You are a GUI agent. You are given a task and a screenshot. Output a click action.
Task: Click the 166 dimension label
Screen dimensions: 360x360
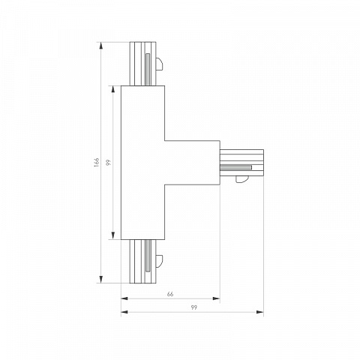tap(97, 163)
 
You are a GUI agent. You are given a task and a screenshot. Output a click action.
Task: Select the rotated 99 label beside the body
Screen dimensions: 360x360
tap(108, 163)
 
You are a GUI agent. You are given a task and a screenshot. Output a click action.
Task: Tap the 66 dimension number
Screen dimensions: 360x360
tap(170, 294)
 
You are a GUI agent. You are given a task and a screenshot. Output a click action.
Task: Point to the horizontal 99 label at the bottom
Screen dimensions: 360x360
tap(193, 307)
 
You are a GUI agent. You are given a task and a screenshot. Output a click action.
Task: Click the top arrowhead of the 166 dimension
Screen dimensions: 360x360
tap(101, 46)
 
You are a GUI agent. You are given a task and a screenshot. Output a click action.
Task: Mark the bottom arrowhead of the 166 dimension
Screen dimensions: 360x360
tap(101, 280)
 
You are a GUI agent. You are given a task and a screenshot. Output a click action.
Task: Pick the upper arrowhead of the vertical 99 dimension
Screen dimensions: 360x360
tap(113, 89)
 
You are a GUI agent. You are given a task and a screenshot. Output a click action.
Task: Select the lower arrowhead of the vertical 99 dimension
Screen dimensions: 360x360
tap(113, 235)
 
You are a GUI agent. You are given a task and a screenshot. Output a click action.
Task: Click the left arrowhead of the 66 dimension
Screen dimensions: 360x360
tap(124, 298)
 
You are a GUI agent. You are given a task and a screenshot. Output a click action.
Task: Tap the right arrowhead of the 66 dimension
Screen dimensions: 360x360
tap(216, 298)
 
